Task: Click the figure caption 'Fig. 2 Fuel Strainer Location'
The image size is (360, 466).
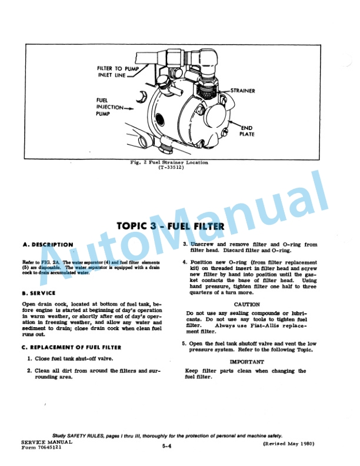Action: [169, 162]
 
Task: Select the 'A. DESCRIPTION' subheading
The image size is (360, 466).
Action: [48, 244]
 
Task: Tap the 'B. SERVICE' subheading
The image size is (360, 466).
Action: [39, 292]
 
